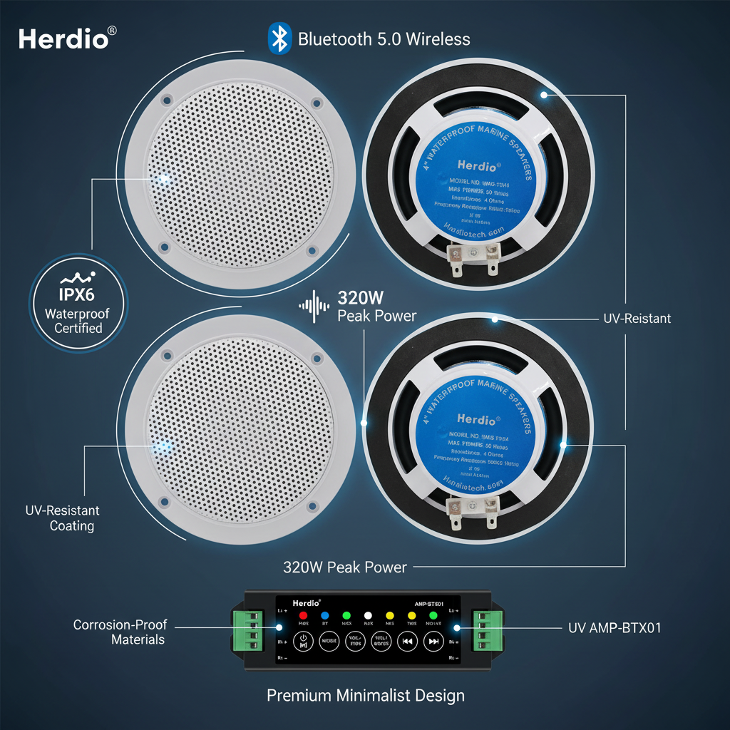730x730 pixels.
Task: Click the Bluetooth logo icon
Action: [279, 38]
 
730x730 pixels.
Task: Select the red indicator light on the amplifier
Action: [302, 615]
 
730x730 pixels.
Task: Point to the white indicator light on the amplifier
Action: [368, 615]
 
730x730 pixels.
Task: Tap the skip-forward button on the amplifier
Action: [433, 641]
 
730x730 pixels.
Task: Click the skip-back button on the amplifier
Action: [406, 641]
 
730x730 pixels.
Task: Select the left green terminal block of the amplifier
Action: [242, 629]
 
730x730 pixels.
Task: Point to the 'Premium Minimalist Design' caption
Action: [366, 695]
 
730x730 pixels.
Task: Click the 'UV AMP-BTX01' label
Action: [615, 628]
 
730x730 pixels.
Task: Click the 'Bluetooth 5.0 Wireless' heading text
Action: [384, 38]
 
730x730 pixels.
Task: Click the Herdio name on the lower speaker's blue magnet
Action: [475, 419]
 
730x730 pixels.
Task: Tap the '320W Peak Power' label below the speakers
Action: [345, 567]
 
